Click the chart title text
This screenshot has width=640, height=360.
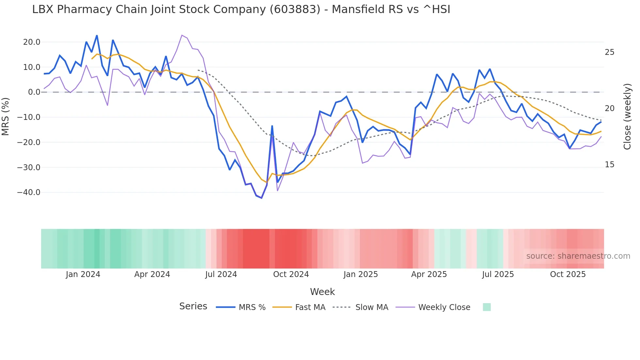(x=241, y=9)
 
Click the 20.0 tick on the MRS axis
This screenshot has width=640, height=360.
(x=32, y=42)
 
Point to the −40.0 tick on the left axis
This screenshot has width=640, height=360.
(x=29, y=192)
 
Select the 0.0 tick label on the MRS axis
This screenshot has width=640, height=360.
(x=34, y=92)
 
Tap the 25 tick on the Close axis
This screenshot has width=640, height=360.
(x=609, y=52)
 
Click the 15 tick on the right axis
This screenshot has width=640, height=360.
(x=609, y=165)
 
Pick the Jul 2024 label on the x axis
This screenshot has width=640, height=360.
(x=221, y=274)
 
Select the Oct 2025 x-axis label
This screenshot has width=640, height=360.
(x=568, y=274)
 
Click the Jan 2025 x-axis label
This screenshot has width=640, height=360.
(x=360, y=274)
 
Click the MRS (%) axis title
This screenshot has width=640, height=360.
(x=6, y=117)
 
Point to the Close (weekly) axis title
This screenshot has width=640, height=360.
(x=627, y=117)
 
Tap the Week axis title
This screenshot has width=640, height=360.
(x=322, y=292)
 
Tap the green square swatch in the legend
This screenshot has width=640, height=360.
(x=487, y=307)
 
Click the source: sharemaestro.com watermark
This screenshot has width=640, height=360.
(x=578, y=256)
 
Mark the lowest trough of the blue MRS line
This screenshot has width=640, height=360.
(x=262, y=198)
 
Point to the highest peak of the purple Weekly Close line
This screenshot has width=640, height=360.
(x=182, y=35)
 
